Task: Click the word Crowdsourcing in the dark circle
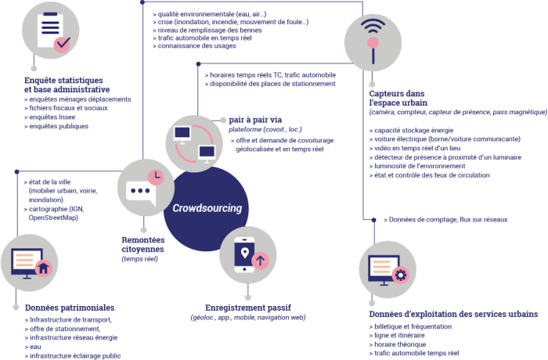(207, 208)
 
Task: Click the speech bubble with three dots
(138, 191)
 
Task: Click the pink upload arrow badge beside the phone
(261, 260)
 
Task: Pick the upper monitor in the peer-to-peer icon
(184, 132)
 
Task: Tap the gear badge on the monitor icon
(402, 275)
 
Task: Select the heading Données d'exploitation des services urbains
(452, 313)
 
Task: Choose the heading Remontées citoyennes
(142, 243)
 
